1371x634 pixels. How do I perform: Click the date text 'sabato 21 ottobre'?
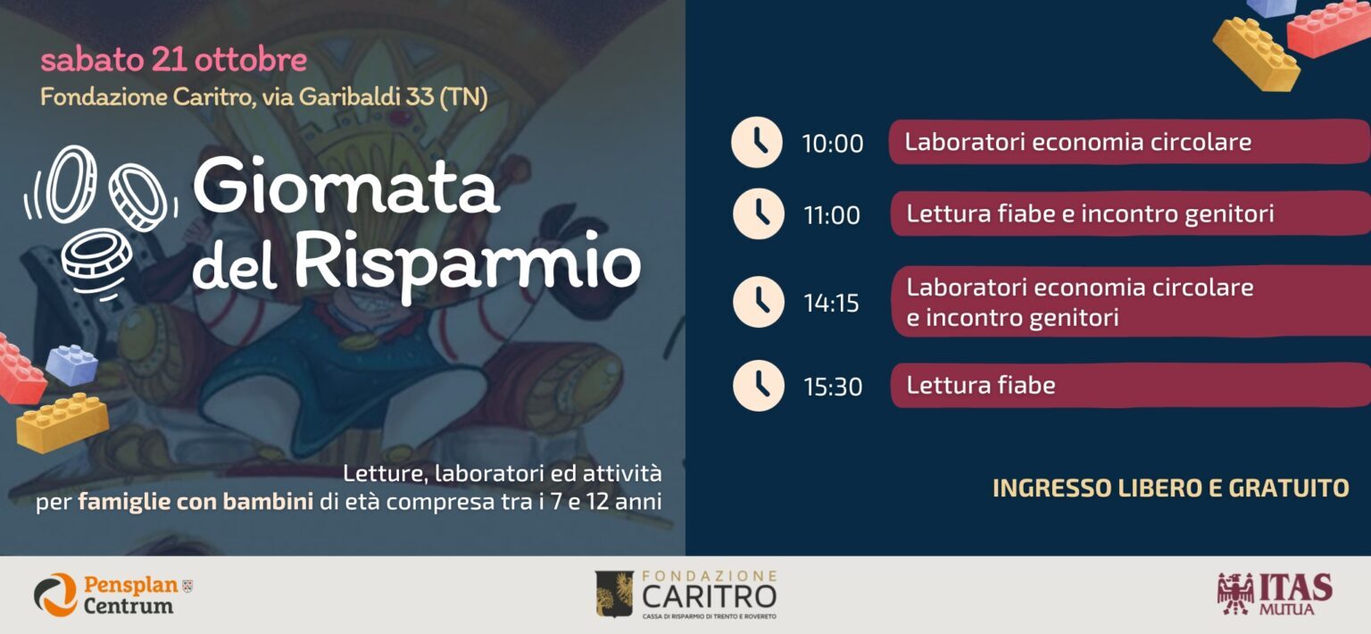[174, 60]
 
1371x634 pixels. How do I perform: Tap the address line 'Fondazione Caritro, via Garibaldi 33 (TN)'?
[264, 97]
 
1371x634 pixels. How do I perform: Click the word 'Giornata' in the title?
[345, 184]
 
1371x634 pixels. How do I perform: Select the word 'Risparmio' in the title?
[468, 264]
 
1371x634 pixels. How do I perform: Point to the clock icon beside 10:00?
[757, 142]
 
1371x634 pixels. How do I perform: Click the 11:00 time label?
[832, 215]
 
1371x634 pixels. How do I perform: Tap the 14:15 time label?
[831, 304]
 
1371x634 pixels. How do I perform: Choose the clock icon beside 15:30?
[759, 385]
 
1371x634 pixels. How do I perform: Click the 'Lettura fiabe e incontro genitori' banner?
[1130, 213]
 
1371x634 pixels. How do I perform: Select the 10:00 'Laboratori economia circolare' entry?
[1129, 142]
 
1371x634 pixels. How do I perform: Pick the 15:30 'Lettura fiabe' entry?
[1130, 385]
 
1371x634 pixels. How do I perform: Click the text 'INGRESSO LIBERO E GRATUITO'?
[1171, 488]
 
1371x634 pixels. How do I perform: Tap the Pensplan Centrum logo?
[114, 594]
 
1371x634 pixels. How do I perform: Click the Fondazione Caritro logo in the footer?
[686, 594]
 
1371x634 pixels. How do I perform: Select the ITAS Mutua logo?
[1275, 594]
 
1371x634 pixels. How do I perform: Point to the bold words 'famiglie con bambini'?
[195, 502]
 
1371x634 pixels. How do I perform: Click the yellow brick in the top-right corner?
[1255, 54]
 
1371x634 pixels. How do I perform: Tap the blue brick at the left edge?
[71, 364]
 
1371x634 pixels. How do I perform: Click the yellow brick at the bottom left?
[62, 422]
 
